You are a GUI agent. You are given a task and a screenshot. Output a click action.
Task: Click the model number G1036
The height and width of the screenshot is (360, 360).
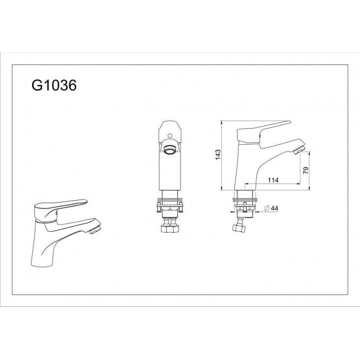[54, 86]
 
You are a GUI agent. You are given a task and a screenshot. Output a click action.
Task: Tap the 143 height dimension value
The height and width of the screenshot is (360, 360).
[218, 154]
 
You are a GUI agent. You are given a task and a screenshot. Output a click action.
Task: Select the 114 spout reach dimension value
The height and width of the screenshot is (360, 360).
[273, 180]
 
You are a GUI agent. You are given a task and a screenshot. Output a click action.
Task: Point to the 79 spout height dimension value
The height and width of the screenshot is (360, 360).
[306, 171]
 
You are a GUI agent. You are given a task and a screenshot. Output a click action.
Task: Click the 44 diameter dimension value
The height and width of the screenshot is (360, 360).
[274, 208]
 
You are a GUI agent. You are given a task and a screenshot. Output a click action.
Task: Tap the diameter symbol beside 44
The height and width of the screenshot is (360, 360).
[267, 208]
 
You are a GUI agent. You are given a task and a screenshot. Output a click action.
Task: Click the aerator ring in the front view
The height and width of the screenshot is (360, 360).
[170, 150]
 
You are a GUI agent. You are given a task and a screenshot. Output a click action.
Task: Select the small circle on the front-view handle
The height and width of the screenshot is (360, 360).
[170, 135]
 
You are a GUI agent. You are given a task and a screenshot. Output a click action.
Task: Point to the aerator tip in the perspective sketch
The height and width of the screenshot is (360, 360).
[95, 231]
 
